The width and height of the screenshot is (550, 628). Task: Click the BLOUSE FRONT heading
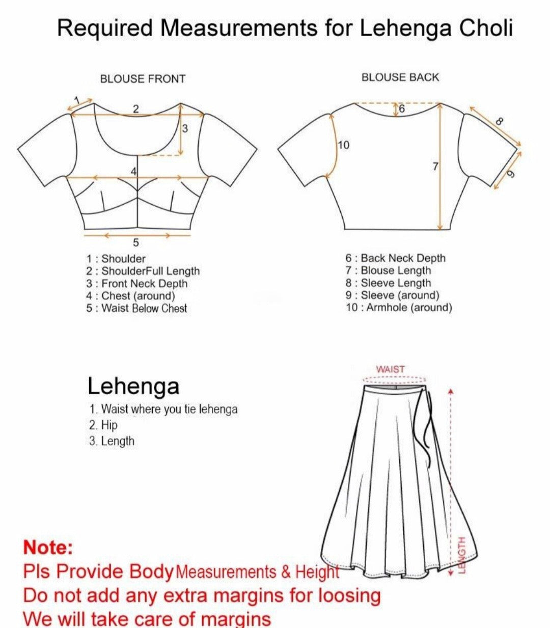143,79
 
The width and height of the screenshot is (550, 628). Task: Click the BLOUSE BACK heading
400,77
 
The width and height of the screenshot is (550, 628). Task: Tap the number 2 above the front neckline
136,108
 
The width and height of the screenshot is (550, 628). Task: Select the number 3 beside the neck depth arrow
185,128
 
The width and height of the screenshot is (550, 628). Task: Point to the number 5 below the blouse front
136,242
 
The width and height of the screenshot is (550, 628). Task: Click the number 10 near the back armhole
344,146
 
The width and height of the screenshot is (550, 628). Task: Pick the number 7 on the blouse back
435,166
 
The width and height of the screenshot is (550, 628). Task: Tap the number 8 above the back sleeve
499,121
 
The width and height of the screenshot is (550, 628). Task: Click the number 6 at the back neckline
402,108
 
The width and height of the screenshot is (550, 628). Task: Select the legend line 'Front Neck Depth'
137,283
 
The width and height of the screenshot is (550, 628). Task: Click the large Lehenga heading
133,386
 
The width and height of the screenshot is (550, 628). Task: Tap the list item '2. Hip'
103,425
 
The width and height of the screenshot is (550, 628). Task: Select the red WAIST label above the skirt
391,369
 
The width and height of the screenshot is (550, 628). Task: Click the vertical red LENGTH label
462,554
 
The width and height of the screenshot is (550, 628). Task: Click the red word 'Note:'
48,548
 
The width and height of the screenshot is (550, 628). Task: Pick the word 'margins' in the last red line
236,619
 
